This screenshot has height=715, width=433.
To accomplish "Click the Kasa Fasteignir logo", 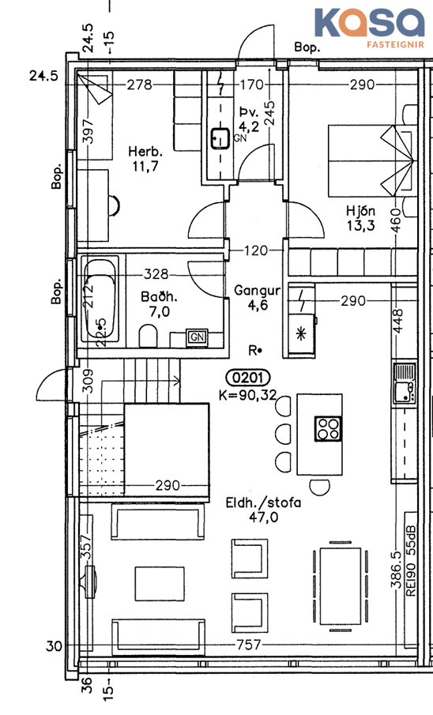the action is [369, 28].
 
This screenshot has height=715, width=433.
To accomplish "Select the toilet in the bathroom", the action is [148, 335].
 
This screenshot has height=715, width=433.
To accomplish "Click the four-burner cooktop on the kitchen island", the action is [328, 429].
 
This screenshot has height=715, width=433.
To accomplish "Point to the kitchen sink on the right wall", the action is [405, 383].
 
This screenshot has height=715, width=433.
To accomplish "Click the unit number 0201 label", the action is [248, 378].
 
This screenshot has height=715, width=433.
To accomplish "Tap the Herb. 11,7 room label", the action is [145, 159].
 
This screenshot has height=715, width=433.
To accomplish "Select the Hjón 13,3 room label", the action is [360, 217].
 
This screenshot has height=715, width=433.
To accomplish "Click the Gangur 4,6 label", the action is [257, 298].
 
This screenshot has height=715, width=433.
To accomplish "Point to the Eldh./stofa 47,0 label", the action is [263, 510].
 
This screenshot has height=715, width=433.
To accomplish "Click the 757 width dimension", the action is [249, 645].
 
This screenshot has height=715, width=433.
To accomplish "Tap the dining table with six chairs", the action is [341, 586].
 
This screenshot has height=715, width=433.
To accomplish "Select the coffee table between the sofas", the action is [160, 584].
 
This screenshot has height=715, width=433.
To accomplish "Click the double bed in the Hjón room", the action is [371, 161].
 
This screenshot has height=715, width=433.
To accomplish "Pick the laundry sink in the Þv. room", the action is [220, 138].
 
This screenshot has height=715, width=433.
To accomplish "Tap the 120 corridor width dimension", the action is [255, 250].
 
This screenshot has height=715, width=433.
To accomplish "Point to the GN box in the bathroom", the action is [197, 337].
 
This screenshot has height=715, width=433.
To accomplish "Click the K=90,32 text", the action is [248, 395].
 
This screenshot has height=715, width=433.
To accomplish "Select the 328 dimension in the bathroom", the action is [156, 274].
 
